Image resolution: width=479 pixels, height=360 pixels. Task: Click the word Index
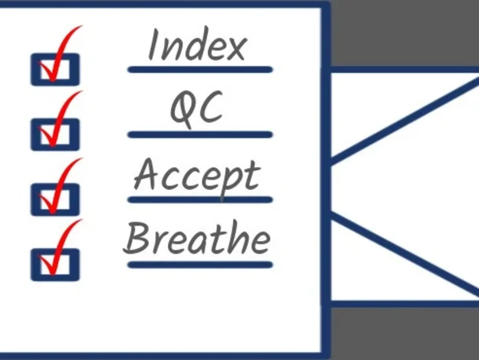197,44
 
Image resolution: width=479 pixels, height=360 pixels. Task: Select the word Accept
197,177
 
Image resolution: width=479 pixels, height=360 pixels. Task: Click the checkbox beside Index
55,70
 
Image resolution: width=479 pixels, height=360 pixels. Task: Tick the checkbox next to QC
55,135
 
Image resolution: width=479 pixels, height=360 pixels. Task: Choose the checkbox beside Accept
55,199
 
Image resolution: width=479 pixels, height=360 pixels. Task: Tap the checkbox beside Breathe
55,265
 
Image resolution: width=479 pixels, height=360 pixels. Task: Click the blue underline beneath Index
200,70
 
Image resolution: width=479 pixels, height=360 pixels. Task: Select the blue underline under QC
200,135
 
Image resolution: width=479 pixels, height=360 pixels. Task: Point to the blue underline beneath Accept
200,200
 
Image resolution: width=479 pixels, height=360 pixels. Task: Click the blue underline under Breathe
200,265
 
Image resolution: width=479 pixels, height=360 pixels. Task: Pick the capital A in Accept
147,174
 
